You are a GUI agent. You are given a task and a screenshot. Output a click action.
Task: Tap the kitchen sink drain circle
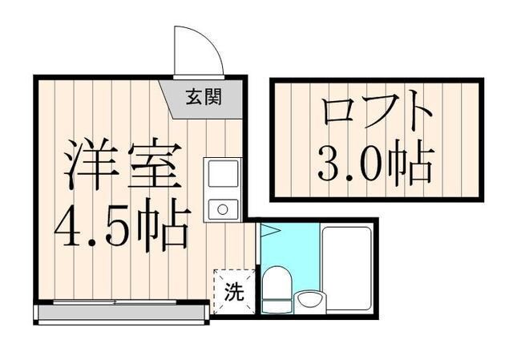pyautogui.click(x=223, y=211)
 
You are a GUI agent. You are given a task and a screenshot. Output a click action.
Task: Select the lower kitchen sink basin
pyautogui.click(x=223, y=209)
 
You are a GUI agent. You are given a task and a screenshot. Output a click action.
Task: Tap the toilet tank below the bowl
pyautogui.click(x=277, y=305)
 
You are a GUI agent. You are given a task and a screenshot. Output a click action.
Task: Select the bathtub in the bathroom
pyautogui.click(x=347, y=268)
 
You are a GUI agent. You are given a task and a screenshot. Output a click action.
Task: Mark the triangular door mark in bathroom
pyautogui.click(x=269, y=231)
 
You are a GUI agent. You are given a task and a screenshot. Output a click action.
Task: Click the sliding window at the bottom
pyautogui.click(x=120, y=302)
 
